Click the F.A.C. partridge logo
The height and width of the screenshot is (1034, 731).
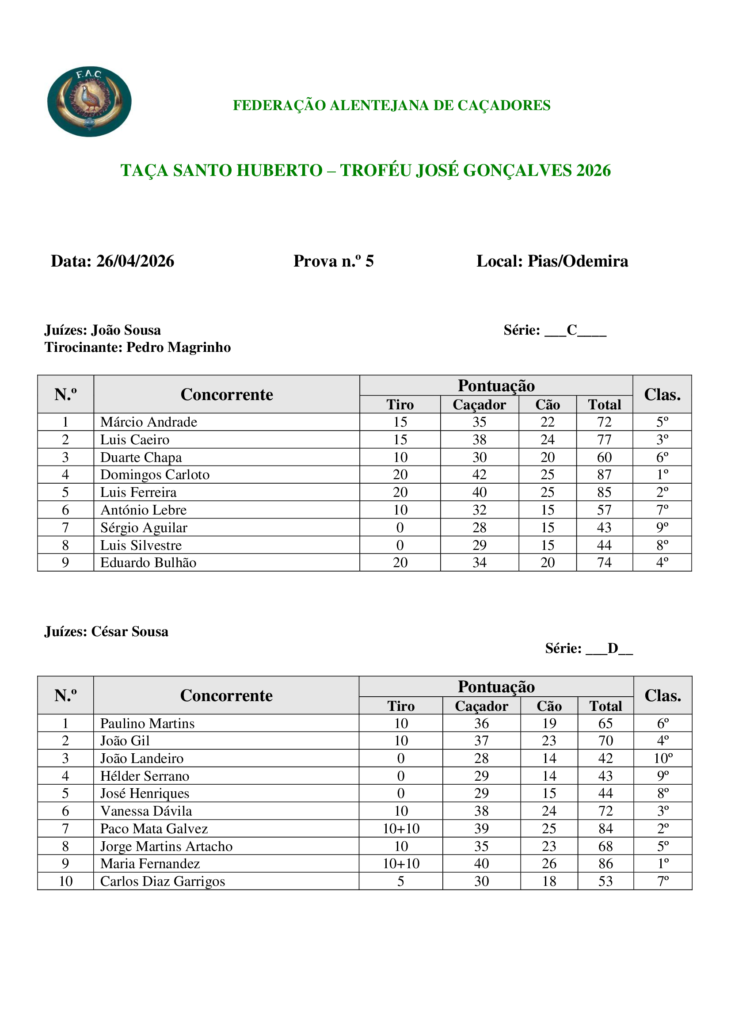[x=89, y=102]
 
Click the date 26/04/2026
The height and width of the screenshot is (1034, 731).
[x=135, y=261]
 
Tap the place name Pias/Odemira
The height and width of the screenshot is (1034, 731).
[x=578, y=261]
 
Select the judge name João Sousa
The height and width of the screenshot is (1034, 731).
[x=126, y=330]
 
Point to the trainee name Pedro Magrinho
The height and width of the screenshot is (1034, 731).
[x=178, y=347]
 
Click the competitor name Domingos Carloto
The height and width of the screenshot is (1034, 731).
[x=155, y=475]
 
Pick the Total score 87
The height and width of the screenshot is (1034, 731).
[x=604, y=475]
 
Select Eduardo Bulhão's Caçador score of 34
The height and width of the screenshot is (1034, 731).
[x=480, y=562]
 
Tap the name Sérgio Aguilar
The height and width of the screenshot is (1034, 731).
[x=144, y=527]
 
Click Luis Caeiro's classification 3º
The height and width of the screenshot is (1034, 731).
[x=662, y=439]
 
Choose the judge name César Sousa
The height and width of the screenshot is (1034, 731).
[x=129, y=631]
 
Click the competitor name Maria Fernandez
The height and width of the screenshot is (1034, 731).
[x=150, y=863]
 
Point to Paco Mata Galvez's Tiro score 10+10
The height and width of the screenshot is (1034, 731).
[x=400, y=828]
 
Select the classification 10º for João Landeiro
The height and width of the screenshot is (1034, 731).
[x=662, y=759]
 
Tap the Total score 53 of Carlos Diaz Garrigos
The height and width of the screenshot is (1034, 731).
[x=605, y=881]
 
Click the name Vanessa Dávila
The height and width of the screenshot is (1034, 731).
[x=146, y=811]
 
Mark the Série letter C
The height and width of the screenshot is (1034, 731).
[x=571, y=330]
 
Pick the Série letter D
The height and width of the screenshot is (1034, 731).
[x=613, y=648]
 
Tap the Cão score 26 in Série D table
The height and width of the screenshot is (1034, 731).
[x=549, y=863]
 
